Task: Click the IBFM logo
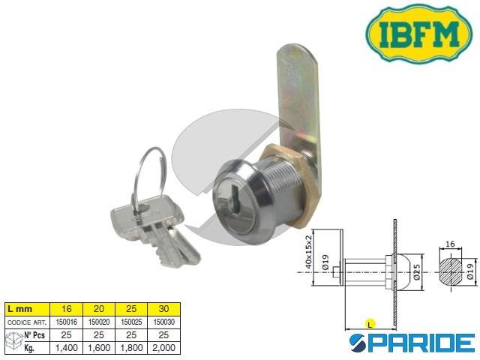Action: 419,33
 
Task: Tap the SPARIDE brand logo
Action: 412,343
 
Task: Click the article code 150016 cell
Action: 67,322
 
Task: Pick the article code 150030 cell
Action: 163,322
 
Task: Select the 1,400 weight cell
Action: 67,348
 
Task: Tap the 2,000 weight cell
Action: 163,348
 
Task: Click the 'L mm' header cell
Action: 28,309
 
